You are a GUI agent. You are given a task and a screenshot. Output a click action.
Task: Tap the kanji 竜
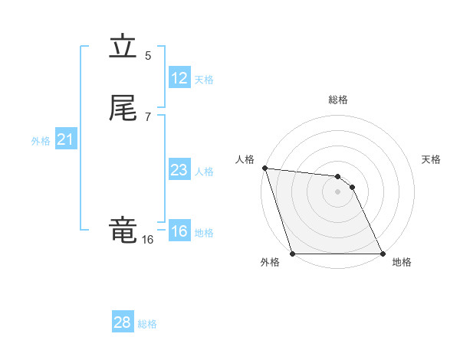123,230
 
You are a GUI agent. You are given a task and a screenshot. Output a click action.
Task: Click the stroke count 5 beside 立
148,55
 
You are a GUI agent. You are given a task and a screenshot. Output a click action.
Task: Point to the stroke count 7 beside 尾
148,116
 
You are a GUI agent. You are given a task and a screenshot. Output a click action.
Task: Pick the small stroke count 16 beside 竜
147,240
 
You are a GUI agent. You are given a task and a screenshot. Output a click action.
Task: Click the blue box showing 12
179,78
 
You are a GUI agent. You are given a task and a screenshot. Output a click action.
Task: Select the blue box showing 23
179,170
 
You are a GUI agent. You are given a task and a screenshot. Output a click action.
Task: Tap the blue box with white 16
179,231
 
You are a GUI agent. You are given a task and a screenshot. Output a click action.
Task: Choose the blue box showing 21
66,139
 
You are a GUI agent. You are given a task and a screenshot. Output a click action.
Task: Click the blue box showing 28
123,322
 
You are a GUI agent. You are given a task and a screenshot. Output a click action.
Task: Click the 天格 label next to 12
204,80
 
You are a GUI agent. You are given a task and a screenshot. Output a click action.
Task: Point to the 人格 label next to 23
204,172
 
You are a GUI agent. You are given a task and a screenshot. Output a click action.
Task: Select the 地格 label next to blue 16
204,233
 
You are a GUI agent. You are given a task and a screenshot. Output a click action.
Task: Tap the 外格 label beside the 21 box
41,141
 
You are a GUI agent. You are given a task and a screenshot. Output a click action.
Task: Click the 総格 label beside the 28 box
147,324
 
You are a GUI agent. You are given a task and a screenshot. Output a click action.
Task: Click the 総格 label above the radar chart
338,100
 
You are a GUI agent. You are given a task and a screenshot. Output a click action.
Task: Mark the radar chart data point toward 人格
264,168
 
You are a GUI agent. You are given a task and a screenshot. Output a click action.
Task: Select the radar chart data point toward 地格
383,253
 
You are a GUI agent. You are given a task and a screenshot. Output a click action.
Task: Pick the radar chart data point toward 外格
293,253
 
